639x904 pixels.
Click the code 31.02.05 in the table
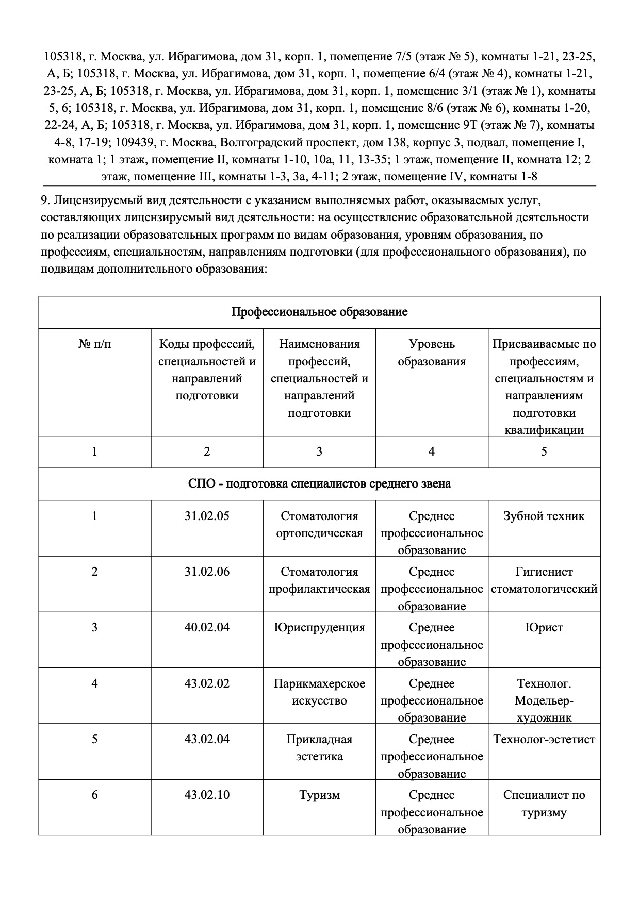click(207, 516)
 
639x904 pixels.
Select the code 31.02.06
click(207, 572)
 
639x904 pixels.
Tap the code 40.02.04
click(207, 627)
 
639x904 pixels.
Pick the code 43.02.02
click(207, 683)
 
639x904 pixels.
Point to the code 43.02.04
click(207, 739)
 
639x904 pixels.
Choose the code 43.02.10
click(207, 795)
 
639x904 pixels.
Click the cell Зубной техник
click(544, 516)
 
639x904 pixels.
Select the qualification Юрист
click(544, 627)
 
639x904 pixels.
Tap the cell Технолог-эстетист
click(544, 739)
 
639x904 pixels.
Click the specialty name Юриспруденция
click(319, 627)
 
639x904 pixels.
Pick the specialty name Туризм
click(319, 795)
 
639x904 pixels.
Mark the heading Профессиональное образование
click(319, 312)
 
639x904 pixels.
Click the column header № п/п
click(94, 344)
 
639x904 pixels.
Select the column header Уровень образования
click(432, 353)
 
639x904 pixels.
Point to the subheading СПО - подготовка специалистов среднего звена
click(319, 484)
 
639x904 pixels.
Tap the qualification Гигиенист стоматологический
click(544, 580)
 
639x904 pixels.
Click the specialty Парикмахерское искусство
click(319, 692)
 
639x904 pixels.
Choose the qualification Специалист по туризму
click(544, 803)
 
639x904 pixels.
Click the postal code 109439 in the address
click(133, 142)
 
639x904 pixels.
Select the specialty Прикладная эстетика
click(319, 748)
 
